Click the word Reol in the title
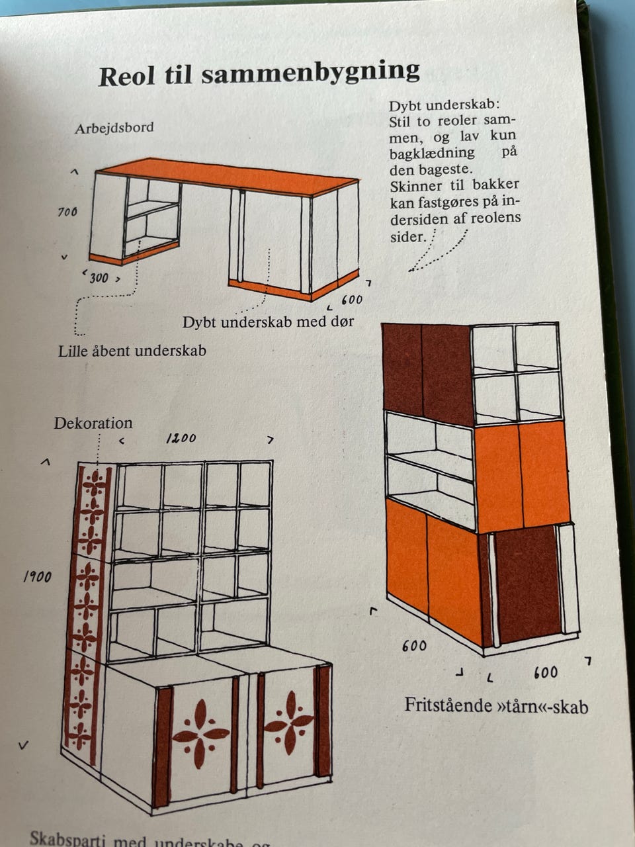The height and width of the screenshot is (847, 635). point(126,76)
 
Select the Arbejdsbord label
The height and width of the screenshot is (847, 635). point(114,128)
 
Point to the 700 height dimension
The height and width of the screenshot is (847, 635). point(67,212)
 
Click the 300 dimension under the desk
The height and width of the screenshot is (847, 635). point(99,278)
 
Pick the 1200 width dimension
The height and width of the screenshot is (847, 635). point(181,438)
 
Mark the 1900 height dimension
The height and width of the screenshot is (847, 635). point(38,577)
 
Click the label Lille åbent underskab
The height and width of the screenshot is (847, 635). point(132,351)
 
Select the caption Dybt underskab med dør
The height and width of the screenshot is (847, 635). point(268,322)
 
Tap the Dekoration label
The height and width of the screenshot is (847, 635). point(93,423)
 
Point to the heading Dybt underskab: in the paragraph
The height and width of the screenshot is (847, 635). point(444,106)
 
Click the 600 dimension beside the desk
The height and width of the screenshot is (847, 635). point(351,300)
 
